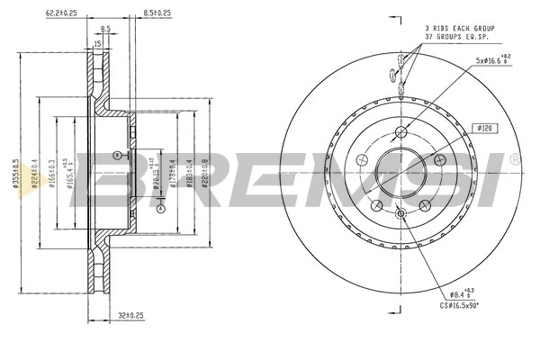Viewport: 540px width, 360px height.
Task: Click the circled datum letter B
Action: pyautogui.click(x=114, y=155)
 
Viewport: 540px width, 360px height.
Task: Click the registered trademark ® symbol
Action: pyautogui.click(x=515, y=159)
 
